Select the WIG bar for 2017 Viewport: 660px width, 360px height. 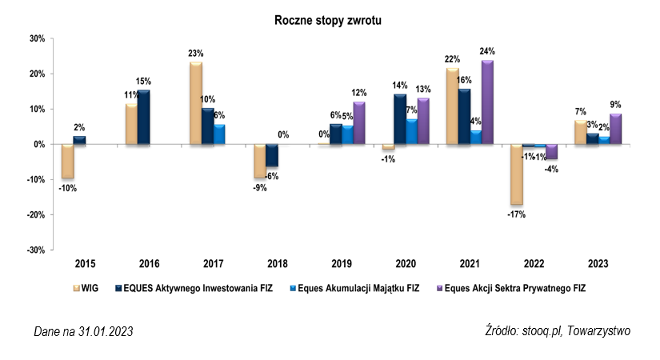(195, 103)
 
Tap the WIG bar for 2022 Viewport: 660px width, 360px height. (516, 174)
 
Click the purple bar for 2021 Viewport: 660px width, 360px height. (487, 102)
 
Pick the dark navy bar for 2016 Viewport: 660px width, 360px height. (143, 118)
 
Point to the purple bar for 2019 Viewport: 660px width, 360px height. (358, 123)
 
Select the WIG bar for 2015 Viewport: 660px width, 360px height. (68, 162)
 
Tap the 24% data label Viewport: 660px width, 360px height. (487, 52)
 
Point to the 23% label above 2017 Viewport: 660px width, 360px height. (195, 54)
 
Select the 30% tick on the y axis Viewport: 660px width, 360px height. (37, 38)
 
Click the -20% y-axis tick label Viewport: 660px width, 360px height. (35, 214)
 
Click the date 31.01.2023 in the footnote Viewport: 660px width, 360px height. (102, 331)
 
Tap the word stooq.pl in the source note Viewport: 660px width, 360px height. (537, 330)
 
